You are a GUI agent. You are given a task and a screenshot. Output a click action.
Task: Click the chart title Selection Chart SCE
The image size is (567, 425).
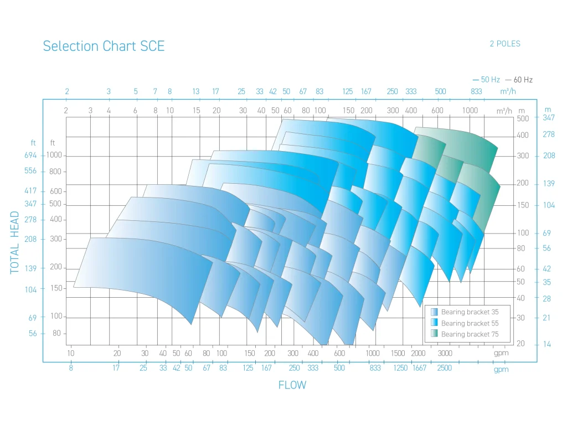(104, 46)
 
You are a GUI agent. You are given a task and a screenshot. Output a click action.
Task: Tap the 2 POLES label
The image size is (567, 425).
(504, 44)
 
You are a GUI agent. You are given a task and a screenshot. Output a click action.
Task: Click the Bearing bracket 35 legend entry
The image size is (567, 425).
(470, 312)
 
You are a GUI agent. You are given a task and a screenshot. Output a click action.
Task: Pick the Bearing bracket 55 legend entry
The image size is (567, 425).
(470, 323)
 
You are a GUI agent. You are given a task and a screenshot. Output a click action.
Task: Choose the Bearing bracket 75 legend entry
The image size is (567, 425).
(470, 334)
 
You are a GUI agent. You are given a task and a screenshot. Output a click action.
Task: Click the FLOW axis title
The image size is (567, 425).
(292, 385)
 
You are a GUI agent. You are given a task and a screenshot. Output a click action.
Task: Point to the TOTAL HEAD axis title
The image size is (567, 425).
(15, 242)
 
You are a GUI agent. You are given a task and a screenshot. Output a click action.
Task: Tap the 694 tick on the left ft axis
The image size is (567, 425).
(30, 156)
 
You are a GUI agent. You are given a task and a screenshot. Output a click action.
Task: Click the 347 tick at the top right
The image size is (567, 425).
(548, 117)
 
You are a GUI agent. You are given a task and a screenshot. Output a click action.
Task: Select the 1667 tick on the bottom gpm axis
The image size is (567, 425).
(419, 368)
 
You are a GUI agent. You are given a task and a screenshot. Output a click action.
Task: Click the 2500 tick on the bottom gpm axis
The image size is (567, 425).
(444, 368)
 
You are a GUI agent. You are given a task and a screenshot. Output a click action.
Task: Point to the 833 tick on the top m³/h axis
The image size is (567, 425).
(476, 91)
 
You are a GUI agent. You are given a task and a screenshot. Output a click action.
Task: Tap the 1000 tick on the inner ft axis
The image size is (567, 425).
(54, 156)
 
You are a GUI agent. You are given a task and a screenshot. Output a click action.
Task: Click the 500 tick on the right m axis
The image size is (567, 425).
(523, 118)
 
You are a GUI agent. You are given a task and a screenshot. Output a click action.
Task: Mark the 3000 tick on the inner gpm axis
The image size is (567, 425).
(445, 353)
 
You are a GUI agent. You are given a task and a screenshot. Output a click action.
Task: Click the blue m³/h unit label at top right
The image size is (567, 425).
(508, 91)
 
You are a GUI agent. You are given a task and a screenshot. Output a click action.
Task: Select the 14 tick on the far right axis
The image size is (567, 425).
(547, 344)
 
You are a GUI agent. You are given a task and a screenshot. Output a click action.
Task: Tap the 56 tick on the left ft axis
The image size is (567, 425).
(33, 334)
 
